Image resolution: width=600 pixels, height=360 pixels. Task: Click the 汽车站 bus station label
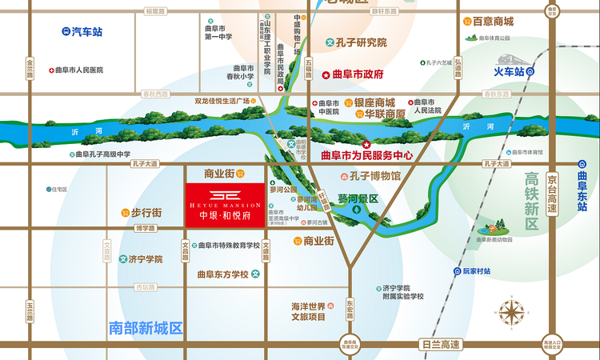tap(86, 32)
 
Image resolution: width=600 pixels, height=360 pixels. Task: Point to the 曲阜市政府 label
tap(358, 74)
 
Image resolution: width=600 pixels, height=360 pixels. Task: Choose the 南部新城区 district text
tap(146, 327)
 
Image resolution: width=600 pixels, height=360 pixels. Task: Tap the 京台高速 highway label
tap(551, 192)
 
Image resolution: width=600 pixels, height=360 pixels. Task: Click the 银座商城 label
tap(375, 103)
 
